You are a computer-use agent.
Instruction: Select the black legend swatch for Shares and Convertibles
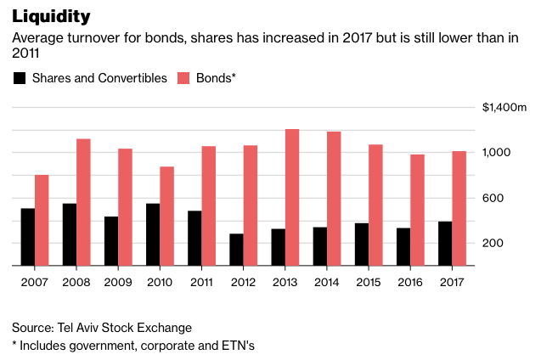coord(19,79)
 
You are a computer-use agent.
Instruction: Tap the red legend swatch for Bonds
coord(183,79)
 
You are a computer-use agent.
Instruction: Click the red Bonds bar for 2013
coord(291,197)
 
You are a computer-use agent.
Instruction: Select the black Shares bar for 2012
coord(236,250)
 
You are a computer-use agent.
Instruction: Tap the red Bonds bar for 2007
coord(42,220)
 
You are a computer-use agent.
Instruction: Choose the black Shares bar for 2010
coord(153,234)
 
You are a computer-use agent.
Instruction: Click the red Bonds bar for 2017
coord(459,208)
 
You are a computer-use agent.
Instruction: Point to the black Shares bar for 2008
coord(70,234)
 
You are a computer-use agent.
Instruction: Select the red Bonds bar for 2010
coord(166,216)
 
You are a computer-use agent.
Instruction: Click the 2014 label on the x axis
coord(326,282)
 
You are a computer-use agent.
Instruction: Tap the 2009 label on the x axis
coord(118,282)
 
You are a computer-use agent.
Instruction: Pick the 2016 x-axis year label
coord(409,282)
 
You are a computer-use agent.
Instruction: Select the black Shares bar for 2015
coord(361,245)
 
